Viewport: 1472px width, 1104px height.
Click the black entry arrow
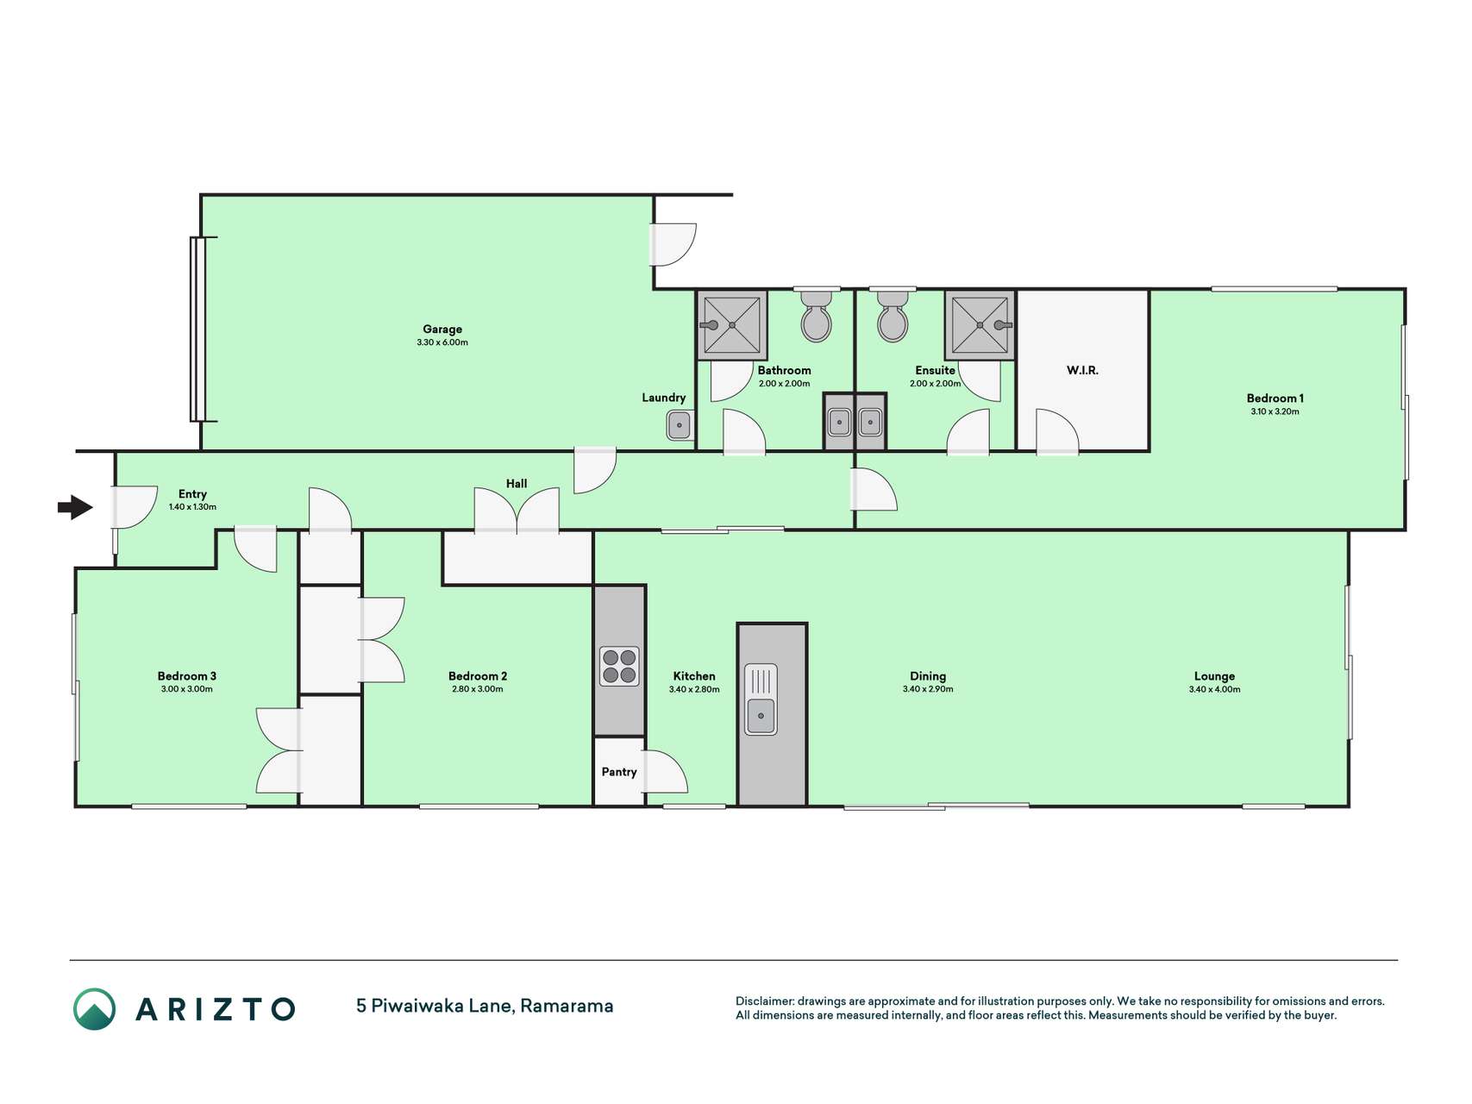click(75, 507)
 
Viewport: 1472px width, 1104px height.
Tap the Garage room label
click(442, 329)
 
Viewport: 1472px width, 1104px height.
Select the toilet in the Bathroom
click(816, 316)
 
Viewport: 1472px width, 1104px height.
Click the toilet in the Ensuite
click(893, 316)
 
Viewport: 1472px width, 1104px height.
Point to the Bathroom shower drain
click(732, 325)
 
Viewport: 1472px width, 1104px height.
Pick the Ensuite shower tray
click(980, 325)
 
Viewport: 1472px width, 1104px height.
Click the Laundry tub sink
click(680, 425)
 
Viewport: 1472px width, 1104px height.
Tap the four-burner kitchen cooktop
click(619, 666)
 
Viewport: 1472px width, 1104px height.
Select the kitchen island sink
click(761, 699)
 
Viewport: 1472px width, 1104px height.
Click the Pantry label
click(619, 772)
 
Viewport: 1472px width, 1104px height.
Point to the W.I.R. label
click(1082, 370)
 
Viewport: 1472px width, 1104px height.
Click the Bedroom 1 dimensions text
click(1275, 411)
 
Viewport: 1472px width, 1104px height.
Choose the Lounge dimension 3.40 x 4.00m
click(1214, 689)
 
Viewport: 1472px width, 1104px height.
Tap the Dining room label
click(928, 676)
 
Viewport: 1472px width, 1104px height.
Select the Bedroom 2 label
click(478, 676)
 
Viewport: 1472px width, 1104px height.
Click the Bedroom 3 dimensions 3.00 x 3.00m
click(186, 689)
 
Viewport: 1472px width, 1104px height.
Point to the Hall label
click(517, 484)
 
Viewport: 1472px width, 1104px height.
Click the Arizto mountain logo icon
click(94, 1009)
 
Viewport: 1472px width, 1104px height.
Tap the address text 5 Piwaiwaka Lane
click(435, 1006)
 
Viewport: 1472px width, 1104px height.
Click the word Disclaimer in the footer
click(764, 1001)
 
